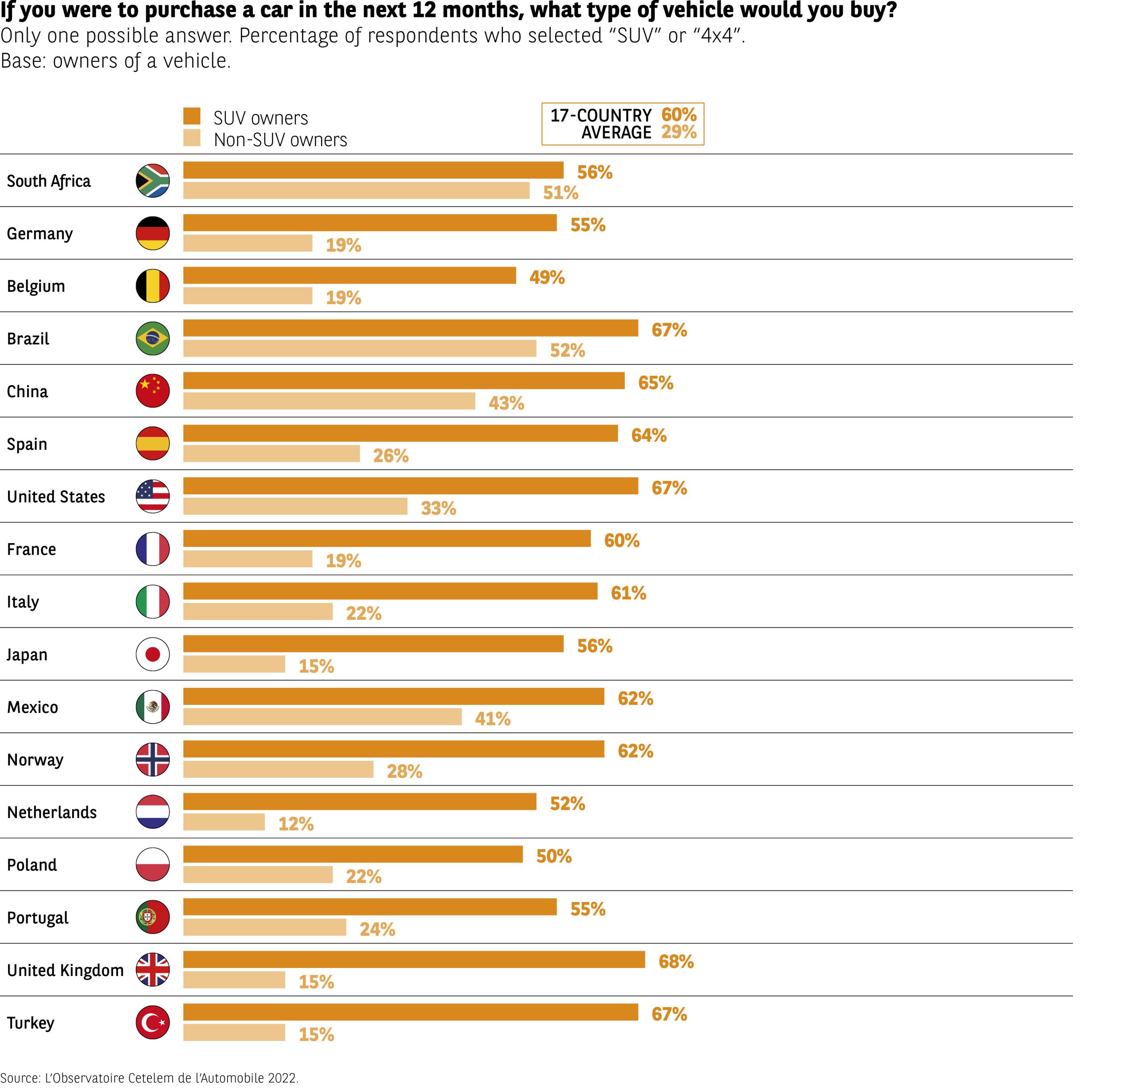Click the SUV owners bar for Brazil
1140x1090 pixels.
[x=410, y=328]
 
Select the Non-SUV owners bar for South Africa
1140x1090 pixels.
[x=356, y=191]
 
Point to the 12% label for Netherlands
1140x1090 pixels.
[x=296, y=823]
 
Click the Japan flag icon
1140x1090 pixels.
[x=153, y=654]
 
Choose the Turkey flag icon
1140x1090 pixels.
[x=153, y=1023]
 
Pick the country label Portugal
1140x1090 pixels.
[x=38, y=917]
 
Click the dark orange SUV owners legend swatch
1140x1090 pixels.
[x=192, y=116]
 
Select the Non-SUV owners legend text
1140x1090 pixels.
[x=280, y=140]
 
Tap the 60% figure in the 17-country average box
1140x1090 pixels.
[x=679, y=114]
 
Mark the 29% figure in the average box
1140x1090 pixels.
[x=679, y=132]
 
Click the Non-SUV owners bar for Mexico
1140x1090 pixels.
[x=322, y=716]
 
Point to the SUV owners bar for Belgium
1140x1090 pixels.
[x=349, y=276]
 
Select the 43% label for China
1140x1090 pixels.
[x=506, y=403]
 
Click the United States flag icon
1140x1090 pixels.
[x=153, y=496]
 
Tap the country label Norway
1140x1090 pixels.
[x=35, y=760]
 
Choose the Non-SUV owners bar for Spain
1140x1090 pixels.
[x=271, y=454]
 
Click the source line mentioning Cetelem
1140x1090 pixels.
[x=149, y=1078]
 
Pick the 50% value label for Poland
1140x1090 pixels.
[x=554, y=856]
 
